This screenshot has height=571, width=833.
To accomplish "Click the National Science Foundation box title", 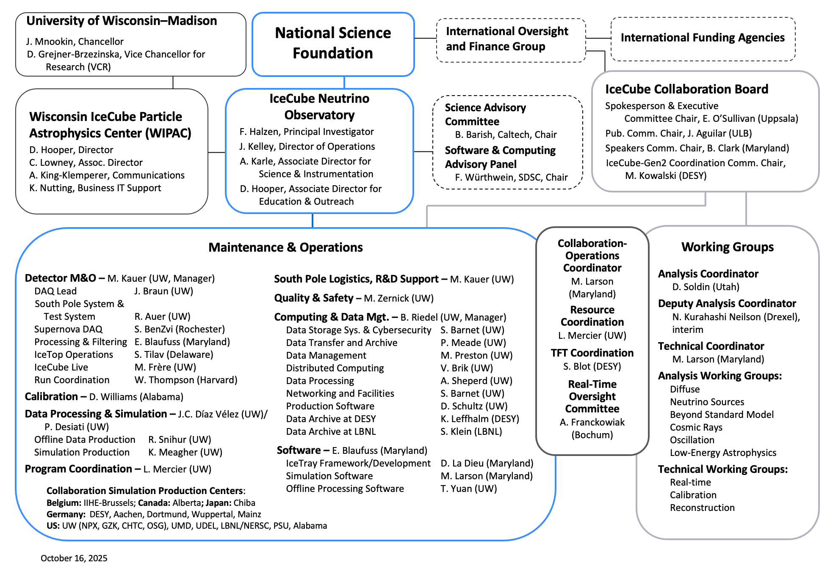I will pos(333,43).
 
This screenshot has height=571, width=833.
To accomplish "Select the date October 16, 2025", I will pos(74,558).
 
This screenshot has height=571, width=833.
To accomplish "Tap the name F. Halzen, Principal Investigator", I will pos(306,132).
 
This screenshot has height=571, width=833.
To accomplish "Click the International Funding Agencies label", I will pos(703,38).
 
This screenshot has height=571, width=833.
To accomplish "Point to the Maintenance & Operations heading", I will pos(285,247).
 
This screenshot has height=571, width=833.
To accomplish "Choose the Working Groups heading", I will pos(727,247).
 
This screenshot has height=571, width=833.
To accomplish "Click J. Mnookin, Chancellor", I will pos(75,41).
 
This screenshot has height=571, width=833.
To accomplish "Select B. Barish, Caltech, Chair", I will pos(506,135).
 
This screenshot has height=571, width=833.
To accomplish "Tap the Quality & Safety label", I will pos(313,298).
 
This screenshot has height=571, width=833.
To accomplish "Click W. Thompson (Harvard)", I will pos(185,380).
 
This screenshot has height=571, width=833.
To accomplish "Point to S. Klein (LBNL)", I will pos(471,432).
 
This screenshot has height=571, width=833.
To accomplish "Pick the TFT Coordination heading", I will pos(592,353).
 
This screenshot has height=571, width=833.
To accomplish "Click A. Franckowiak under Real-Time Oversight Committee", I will pos(592,423).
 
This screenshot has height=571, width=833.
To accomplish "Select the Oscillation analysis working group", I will pos(692,440).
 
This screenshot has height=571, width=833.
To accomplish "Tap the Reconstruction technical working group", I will pos(702,508).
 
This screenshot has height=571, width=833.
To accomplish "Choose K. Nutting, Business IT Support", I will pos(95,188).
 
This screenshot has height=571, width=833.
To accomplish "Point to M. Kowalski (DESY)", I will pos(666,176).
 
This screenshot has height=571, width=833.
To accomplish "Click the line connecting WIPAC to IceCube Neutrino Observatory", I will pos(216,152).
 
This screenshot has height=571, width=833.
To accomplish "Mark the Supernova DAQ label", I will pos(68,329).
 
